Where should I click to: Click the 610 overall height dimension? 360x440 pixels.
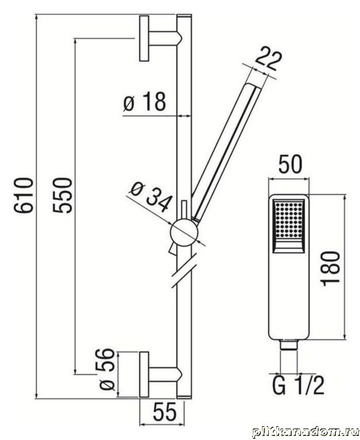click(x=25, y=195)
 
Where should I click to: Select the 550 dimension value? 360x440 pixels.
click(x=63, y=195)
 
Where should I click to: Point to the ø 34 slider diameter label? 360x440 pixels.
click(x=151, y=196)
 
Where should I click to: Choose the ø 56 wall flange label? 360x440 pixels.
click(x=107, y=369)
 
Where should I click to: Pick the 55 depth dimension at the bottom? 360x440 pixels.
click(x=165, y=413)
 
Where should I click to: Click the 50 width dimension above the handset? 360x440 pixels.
click(x=291, y=164)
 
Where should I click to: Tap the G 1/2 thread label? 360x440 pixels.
click(x=298, y=386)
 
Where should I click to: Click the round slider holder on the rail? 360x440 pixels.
click(x=184, y=233)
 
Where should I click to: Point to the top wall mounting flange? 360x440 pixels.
click(x=144, y=38)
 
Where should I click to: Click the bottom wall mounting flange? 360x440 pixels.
click(x=144, y=375)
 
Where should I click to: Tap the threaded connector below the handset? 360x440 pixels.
click(x=289, y=345)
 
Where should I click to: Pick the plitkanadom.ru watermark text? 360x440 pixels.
click(x=306, y=432)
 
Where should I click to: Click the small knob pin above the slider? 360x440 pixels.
click(x=185, y=209)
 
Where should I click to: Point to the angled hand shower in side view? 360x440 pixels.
click(x=227, y=151)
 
